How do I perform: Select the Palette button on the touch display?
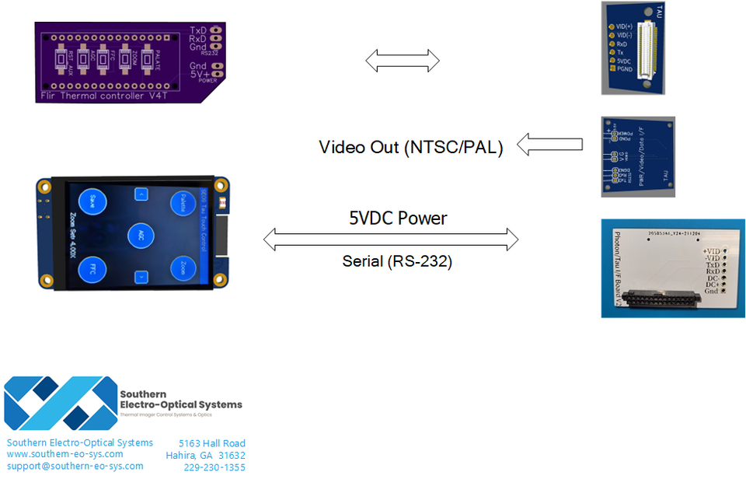pyautogui.click(x=184, y=203)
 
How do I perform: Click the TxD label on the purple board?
pyautogui.click(x=198, y=30)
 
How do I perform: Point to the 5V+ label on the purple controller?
pyautogui.click(x=198, y=74)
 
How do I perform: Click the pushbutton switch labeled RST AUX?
pyautogui.click(x=60, y=59)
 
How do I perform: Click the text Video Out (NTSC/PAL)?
pyautogui.click(x=410, y=147)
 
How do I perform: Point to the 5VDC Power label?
pyautogui.click(x=398, y=219)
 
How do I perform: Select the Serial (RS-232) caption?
pyautogui.click(x=397, y=261)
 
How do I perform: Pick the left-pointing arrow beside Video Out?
pyautogui.click(x=549, y=144)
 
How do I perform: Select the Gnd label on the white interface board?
pyautogui.click(x=711, y=290)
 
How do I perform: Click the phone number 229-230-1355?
pyautogui.click(x=214, y=467)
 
